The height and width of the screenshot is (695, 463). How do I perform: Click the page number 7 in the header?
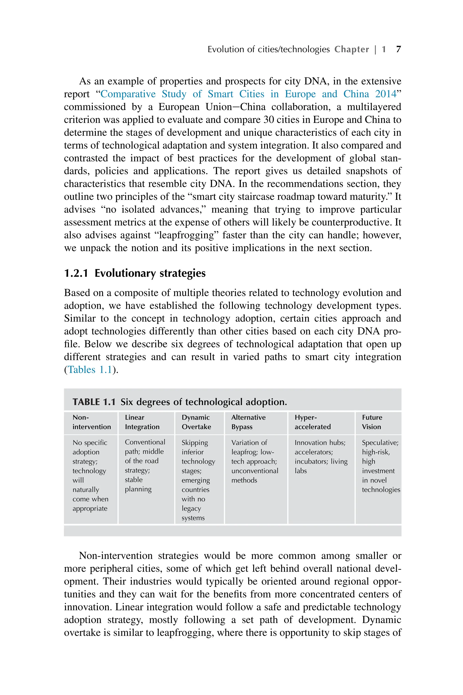point(398,49)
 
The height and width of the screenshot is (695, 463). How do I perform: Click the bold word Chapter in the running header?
point(351,49)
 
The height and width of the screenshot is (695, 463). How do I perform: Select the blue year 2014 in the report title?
point(386,94)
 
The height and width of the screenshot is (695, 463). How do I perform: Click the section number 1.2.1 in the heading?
point(76,273)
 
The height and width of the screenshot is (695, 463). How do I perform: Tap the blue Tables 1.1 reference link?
point(90,370)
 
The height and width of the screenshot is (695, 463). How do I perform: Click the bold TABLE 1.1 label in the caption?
point(94,402)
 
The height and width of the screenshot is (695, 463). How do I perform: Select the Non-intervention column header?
point(92,422)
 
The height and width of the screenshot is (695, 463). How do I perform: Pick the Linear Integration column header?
point(142,422)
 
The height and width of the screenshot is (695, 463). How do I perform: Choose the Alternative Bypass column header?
point(248,422)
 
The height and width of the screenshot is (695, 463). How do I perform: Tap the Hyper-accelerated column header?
point(312,422)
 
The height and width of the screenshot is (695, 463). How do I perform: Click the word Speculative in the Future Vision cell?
point(380,443)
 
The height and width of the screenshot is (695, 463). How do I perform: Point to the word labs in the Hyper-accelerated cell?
point(301,471)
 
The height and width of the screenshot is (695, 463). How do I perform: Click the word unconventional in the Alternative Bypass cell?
point(255,471)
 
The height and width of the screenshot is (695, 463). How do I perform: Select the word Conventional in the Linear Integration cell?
point(145,442)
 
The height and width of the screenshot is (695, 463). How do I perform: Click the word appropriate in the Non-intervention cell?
point(90,509)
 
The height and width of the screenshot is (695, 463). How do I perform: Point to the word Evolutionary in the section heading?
point(125,273)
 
